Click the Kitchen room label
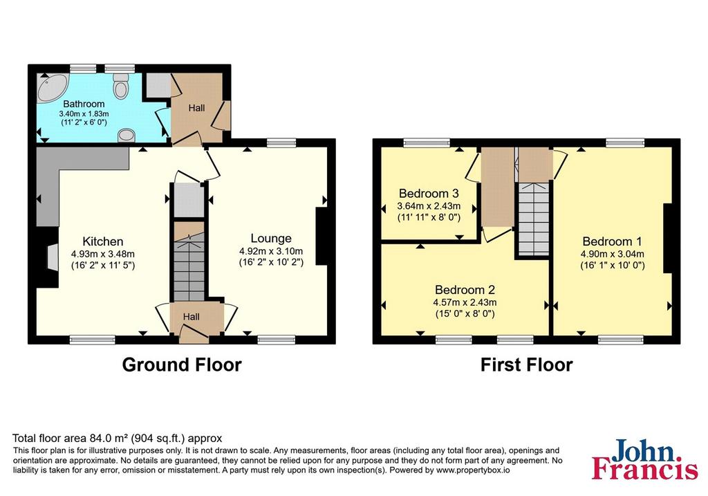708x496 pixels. tap(102, 241)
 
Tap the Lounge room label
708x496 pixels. tap(271, 239)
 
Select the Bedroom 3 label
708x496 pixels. tap(429, 193)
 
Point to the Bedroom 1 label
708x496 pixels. tap(612, 241)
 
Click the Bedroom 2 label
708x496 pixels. tap(465, 290)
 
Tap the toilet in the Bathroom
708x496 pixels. tap(120, 86)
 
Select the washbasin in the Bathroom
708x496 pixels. tap(127, 135)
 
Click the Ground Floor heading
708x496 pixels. tap(182, 365)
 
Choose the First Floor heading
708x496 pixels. tap(526, 365)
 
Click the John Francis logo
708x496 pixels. tap(645, 459)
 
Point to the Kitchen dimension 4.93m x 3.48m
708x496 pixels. tap(102, 255)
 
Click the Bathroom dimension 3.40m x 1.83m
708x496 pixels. tap(84, 114)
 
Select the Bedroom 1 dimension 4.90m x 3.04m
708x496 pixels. tap(613, 255)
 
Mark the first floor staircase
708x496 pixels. tap(534, 219)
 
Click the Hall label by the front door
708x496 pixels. tap(191, 317)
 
